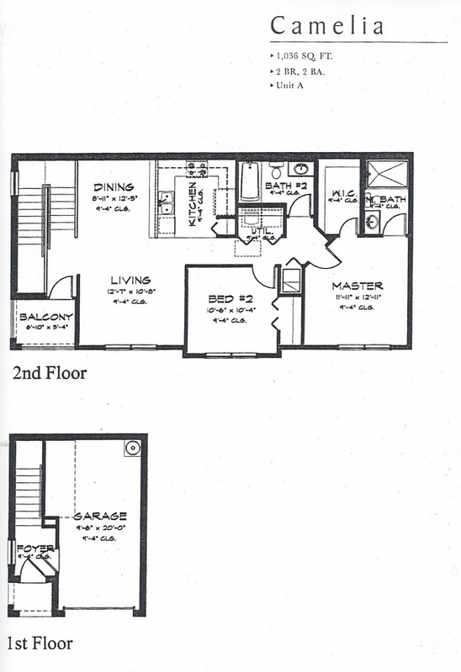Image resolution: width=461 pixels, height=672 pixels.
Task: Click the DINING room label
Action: [x=110, y=187]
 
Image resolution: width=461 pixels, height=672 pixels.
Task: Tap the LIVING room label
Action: [x=129, y=280]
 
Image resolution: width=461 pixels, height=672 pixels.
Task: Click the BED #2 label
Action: [x=229, y=300]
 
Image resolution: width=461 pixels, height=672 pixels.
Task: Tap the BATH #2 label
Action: [x=280, y=186]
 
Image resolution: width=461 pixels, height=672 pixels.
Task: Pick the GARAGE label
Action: [x=100, y=516]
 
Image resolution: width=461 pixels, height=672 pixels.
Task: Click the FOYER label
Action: [x=31, y=543]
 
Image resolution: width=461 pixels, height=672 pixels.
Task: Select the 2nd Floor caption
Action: [x=49, y=373]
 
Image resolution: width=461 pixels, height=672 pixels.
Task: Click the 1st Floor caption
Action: [x=39, y=644]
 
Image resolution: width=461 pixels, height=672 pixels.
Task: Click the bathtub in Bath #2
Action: [x=250, y=181]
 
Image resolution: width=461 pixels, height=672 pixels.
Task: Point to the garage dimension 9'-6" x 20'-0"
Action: [x=100, y=527]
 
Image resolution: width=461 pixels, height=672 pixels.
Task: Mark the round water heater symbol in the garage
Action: [x=132, y=449]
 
